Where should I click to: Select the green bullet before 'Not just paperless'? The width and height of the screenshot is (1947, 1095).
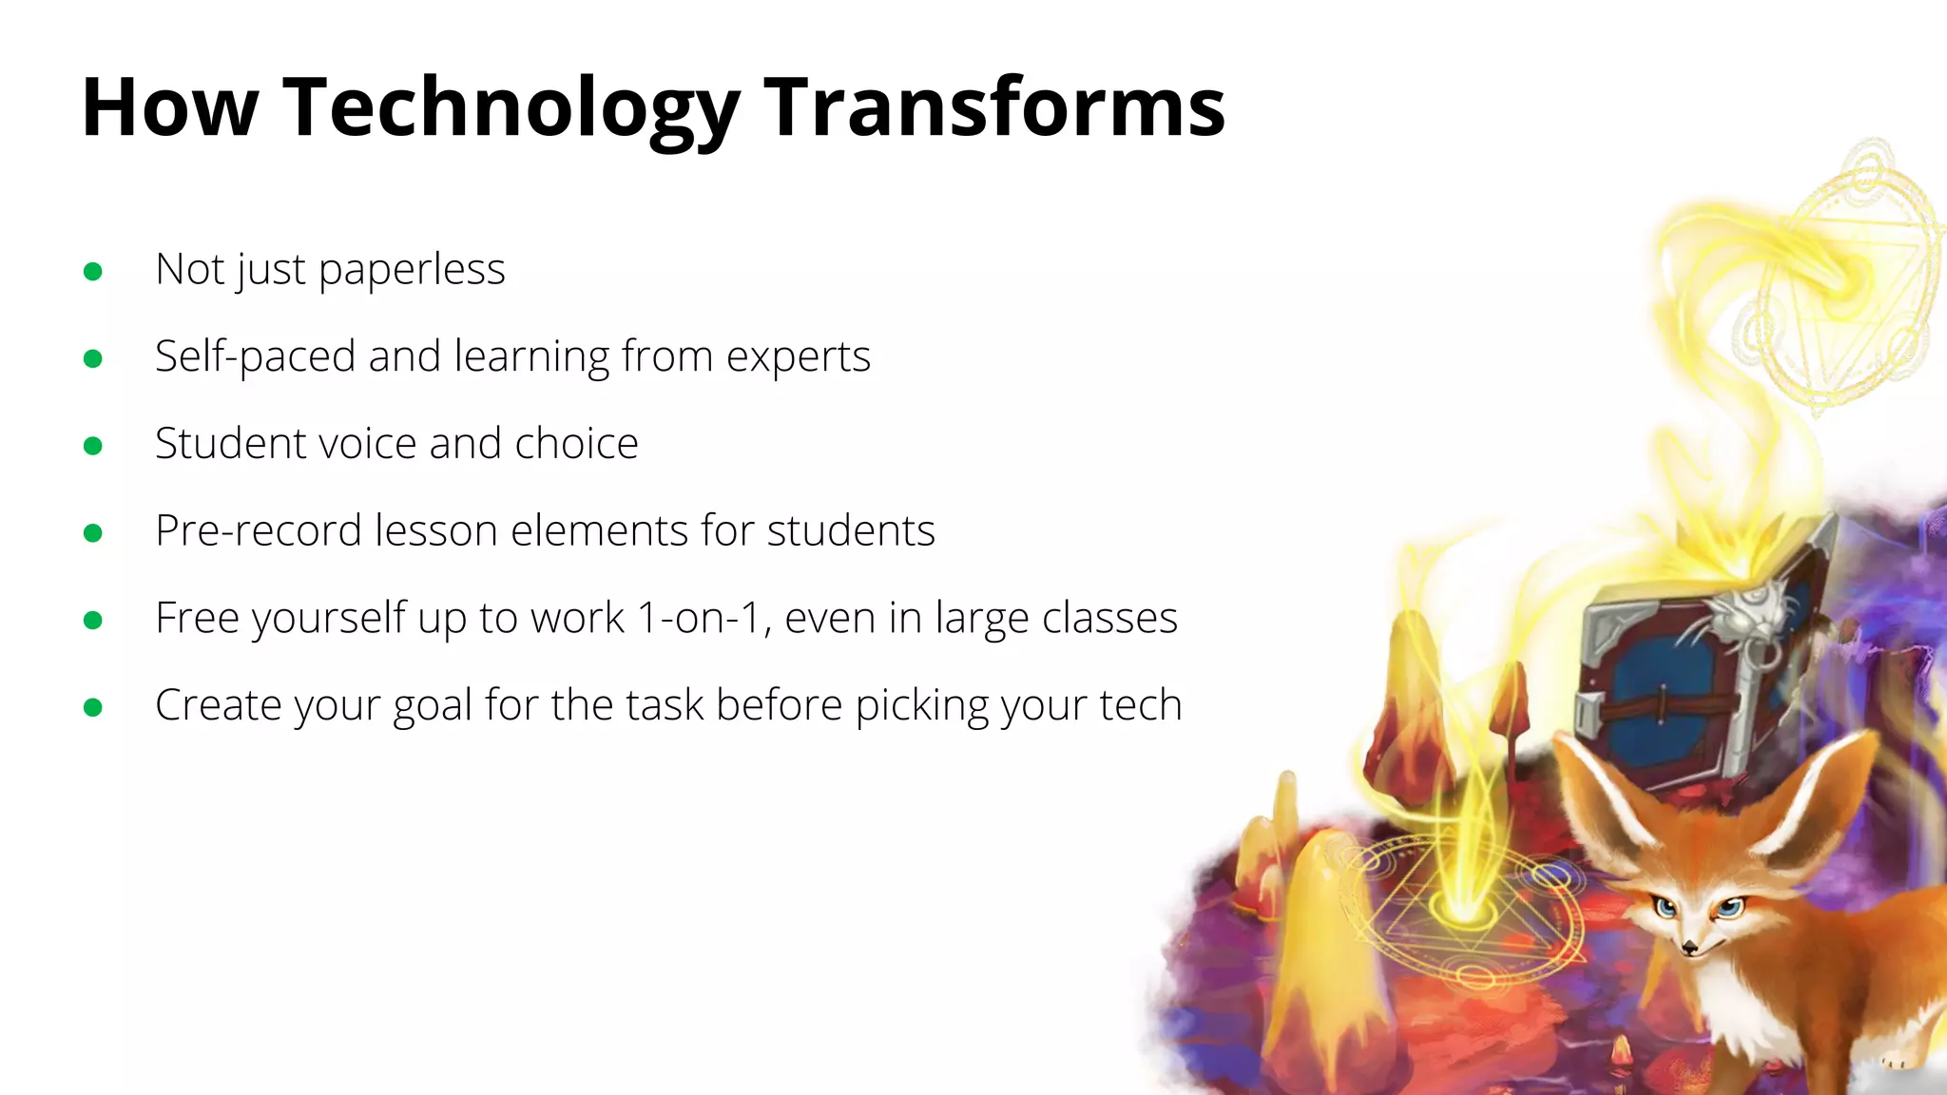coord(93,272)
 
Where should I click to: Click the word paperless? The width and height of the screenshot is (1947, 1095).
coord(412,271)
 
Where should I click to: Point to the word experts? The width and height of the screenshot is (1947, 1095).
coord(798,358)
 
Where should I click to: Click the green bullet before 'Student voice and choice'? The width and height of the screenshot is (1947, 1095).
coord(93,446)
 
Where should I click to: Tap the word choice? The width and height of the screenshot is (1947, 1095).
coord(576,444)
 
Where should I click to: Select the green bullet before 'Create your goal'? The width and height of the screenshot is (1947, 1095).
coord(93,707)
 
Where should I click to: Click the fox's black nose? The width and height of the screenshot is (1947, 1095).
coord(1689,947)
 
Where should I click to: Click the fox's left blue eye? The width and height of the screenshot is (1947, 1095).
coord(1665,907)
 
